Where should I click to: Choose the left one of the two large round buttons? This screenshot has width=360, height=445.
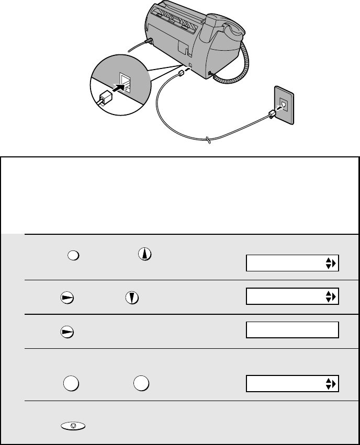[x=70, y=383]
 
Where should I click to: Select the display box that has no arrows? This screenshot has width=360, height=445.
[x=292, y=330]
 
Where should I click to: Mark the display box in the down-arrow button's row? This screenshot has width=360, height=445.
[x=292, y=296]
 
